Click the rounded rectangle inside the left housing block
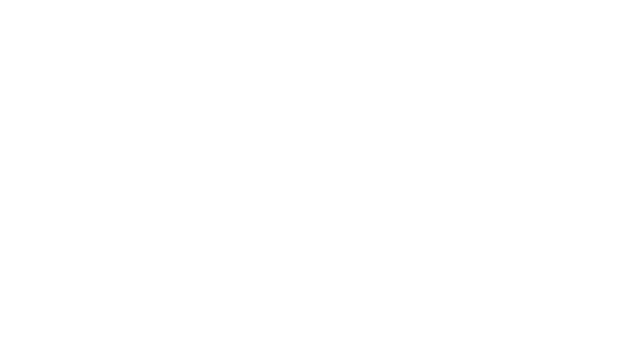point(96,182)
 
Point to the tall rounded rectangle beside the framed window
point(410,182)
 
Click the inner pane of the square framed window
point(498,182)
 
